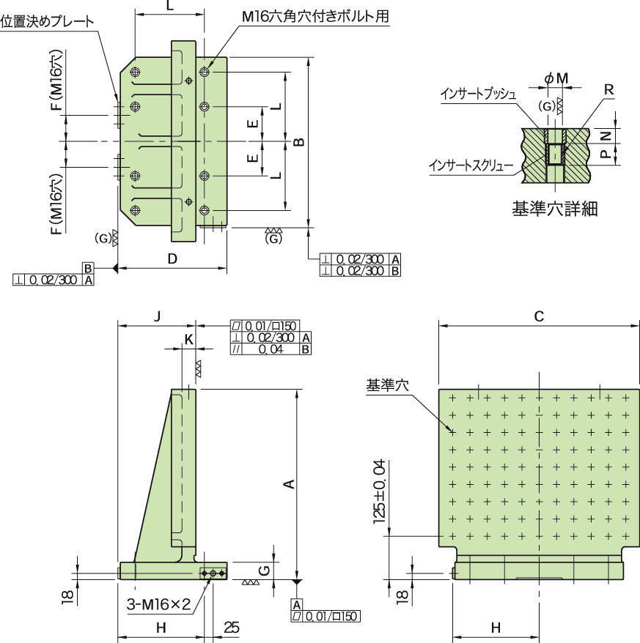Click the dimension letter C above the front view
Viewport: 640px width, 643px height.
click(539, 316)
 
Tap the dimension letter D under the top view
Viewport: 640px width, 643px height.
click(172, 259)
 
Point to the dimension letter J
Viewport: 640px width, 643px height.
click(157, 316)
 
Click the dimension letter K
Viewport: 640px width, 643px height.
click(188, 340)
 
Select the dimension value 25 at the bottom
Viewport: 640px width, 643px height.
click(232, 628)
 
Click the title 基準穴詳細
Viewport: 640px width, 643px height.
click(554, 209)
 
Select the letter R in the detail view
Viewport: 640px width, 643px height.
click(609, 89)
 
